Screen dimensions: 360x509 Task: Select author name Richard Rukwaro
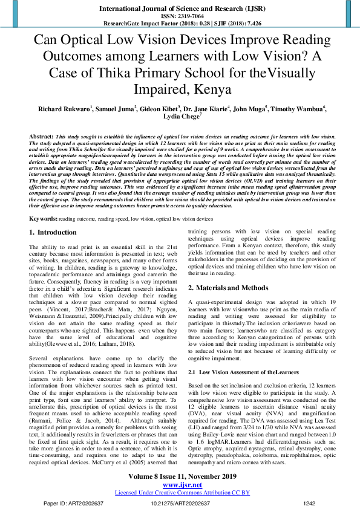(64, 109)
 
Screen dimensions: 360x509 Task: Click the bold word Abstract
(41, 137)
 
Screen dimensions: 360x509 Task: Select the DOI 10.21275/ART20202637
(179, 502)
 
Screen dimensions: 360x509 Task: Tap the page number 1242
(309, 502)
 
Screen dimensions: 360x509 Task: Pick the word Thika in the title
(149, 73)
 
